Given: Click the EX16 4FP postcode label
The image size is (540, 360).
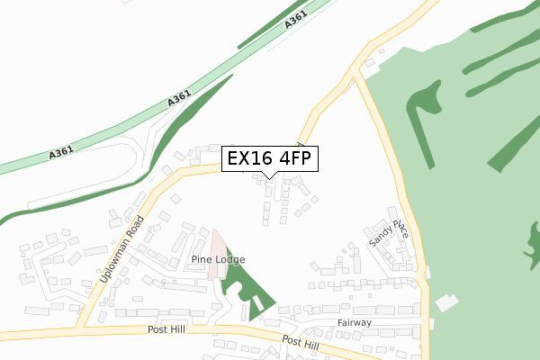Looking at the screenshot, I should [268, 159].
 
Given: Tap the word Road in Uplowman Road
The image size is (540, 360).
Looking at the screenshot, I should [137, 229].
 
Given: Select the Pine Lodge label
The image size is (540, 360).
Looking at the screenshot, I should [218, 259].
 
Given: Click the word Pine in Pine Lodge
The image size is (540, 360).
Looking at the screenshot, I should [201, 259].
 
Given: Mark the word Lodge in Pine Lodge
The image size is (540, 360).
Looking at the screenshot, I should [229, 259].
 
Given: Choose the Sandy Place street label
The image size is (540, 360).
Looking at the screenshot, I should [389, 230].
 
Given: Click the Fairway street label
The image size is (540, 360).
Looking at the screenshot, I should [354, 322].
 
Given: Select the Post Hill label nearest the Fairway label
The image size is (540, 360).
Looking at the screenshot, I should [300, 343].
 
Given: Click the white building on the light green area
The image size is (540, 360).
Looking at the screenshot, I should [445, 303].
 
